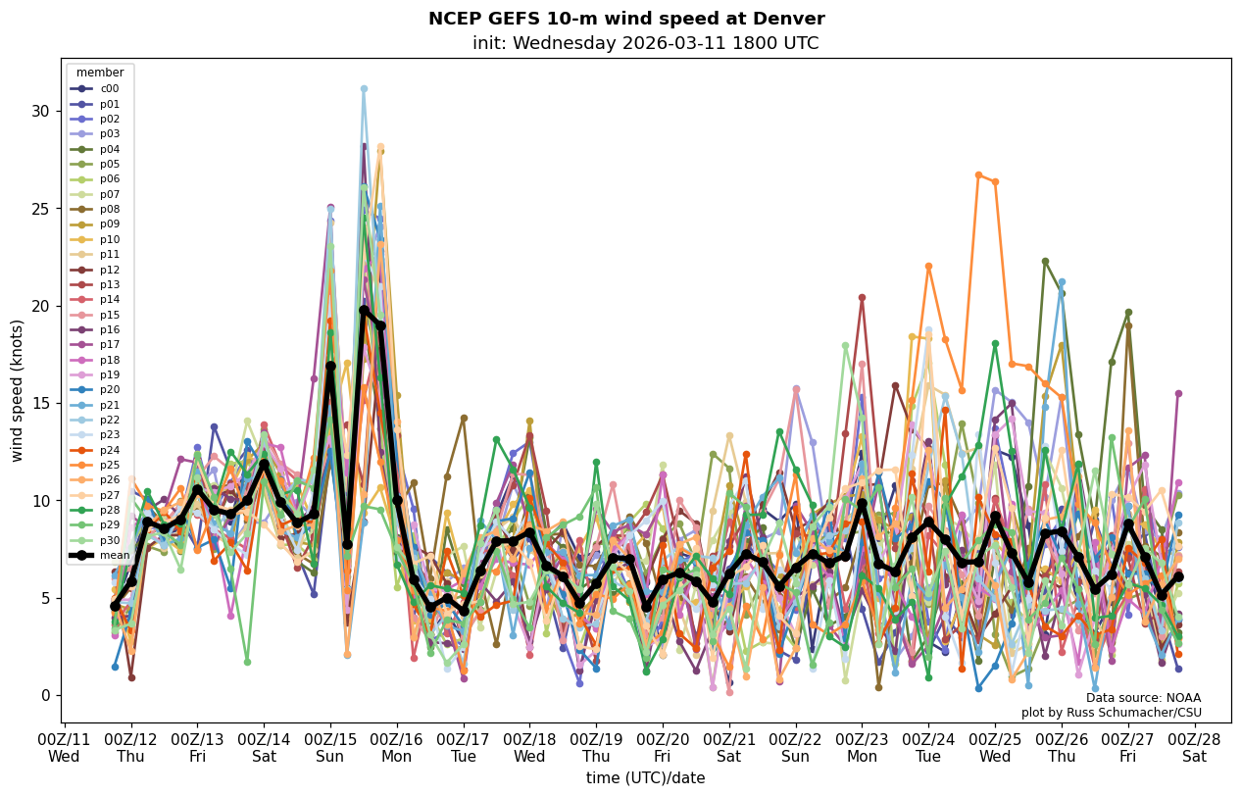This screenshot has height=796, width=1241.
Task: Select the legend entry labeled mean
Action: pos(109,556)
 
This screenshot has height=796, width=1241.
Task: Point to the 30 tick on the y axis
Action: pos(39,111)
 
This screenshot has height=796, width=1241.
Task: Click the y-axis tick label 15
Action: pos(39,403)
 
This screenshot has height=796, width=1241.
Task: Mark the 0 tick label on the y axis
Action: pos(43,695)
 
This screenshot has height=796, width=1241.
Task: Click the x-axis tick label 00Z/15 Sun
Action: pos(330,747)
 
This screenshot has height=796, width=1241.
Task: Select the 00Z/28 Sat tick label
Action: pos(1194,747)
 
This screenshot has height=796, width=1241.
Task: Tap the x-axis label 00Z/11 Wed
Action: pos(65,747)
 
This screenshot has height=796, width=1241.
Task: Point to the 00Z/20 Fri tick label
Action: pos(663,747)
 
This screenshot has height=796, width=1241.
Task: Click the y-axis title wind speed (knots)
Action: pos(18,390)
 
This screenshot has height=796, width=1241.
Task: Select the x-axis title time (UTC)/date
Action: pos(645,778)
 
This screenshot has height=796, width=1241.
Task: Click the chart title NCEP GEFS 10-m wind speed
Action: pos(626,19)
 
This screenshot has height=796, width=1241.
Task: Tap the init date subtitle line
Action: pos(645,43)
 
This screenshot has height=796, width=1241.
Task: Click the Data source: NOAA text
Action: pos(1143,698)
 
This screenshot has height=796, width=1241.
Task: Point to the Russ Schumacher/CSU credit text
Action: pos(1112,713)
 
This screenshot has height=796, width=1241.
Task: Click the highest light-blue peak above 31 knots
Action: pos(364,89)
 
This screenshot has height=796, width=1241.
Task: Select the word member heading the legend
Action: pos(100,73)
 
